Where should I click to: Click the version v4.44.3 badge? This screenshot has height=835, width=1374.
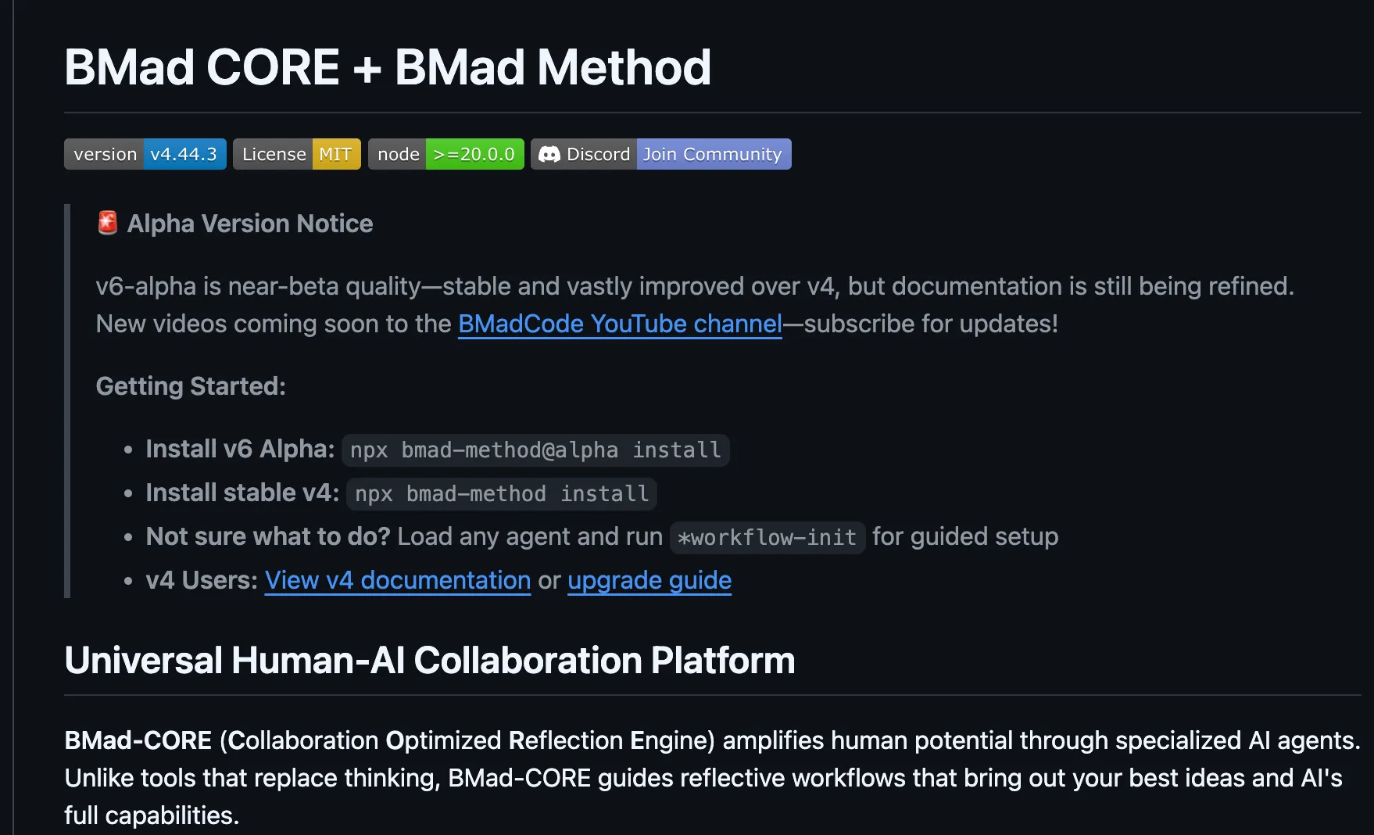(145, 154)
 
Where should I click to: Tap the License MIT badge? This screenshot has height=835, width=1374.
(297, 154)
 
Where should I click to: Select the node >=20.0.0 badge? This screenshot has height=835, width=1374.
(446, 154)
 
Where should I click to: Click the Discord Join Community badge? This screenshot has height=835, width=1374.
(661, 154)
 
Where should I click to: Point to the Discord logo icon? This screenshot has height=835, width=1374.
(549, 154)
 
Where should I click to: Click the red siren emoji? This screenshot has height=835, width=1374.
(107, 223)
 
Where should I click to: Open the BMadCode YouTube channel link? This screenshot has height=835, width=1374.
(620, 324)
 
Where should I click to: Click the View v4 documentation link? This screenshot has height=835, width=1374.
(398, 580)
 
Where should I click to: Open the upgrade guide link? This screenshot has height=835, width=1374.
(649, 580)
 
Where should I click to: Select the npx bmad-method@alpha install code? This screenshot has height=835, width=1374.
(535, 450)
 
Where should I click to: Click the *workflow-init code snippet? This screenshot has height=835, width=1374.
(768, 538)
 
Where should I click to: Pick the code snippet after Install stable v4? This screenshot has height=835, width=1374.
(502, 494)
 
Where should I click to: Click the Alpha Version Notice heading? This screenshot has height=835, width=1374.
(250, 224)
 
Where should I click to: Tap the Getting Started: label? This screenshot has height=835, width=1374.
(191, 386)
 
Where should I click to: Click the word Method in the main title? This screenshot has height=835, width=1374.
(624, 67)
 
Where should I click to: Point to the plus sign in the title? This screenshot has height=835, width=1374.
(367, 69)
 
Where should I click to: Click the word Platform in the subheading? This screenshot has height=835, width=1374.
(723, 661)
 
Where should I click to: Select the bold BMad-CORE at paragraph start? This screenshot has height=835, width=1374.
(138, 740)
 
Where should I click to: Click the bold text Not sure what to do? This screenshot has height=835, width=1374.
(268, 536)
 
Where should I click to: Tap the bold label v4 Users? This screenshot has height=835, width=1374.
(202, 580)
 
